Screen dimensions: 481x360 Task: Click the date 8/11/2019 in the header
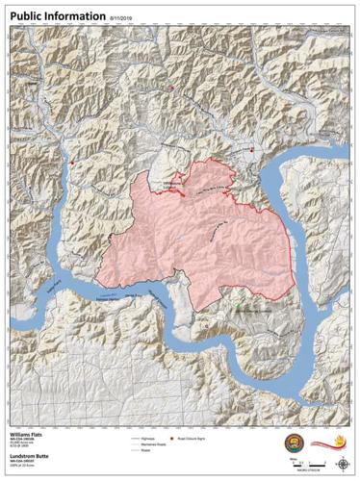(x=123, y=17)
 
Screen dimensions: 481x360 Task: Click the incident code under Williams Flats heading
(x=25, y=443)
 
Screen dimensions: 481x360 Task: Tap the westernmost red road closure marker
(x=72, y=164)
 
